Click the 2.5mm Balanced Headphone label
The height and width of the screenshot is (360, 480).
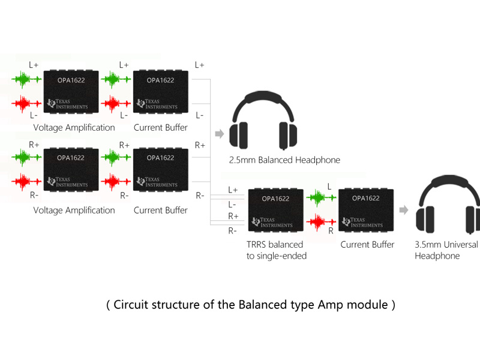(x=284, y=160)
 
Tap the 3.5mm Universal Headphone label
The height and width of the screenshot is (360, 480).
(x=446, y=250)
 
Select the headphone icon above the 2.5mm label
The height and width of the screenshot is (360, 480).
(x=265, y=119)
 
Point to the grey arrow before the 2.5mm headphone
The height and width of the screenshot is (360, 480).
(x=219, y=133)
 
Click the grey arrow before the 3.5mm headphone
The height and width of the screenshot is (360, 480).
(x=404, y=210)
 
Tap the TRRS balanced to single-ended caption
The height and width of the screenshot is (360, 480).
(x=277, y=250)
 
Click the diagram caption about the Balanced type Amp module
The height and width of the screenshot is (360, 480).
(x=250, y=305)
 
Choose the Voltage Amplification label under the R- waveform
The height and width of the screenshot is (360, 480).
(x=74, y=210)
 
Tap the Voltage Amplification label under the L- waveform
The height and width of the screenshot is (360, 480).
(x=74, y=127)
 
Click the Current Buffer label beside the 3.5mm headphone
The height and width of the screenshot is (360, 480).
(x=367, y=245)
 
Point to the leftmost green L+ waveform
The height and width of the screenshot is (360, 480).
(x=26, y=79)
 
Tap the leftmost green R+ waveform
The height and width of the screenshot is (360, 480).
(x=26, y=157)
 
